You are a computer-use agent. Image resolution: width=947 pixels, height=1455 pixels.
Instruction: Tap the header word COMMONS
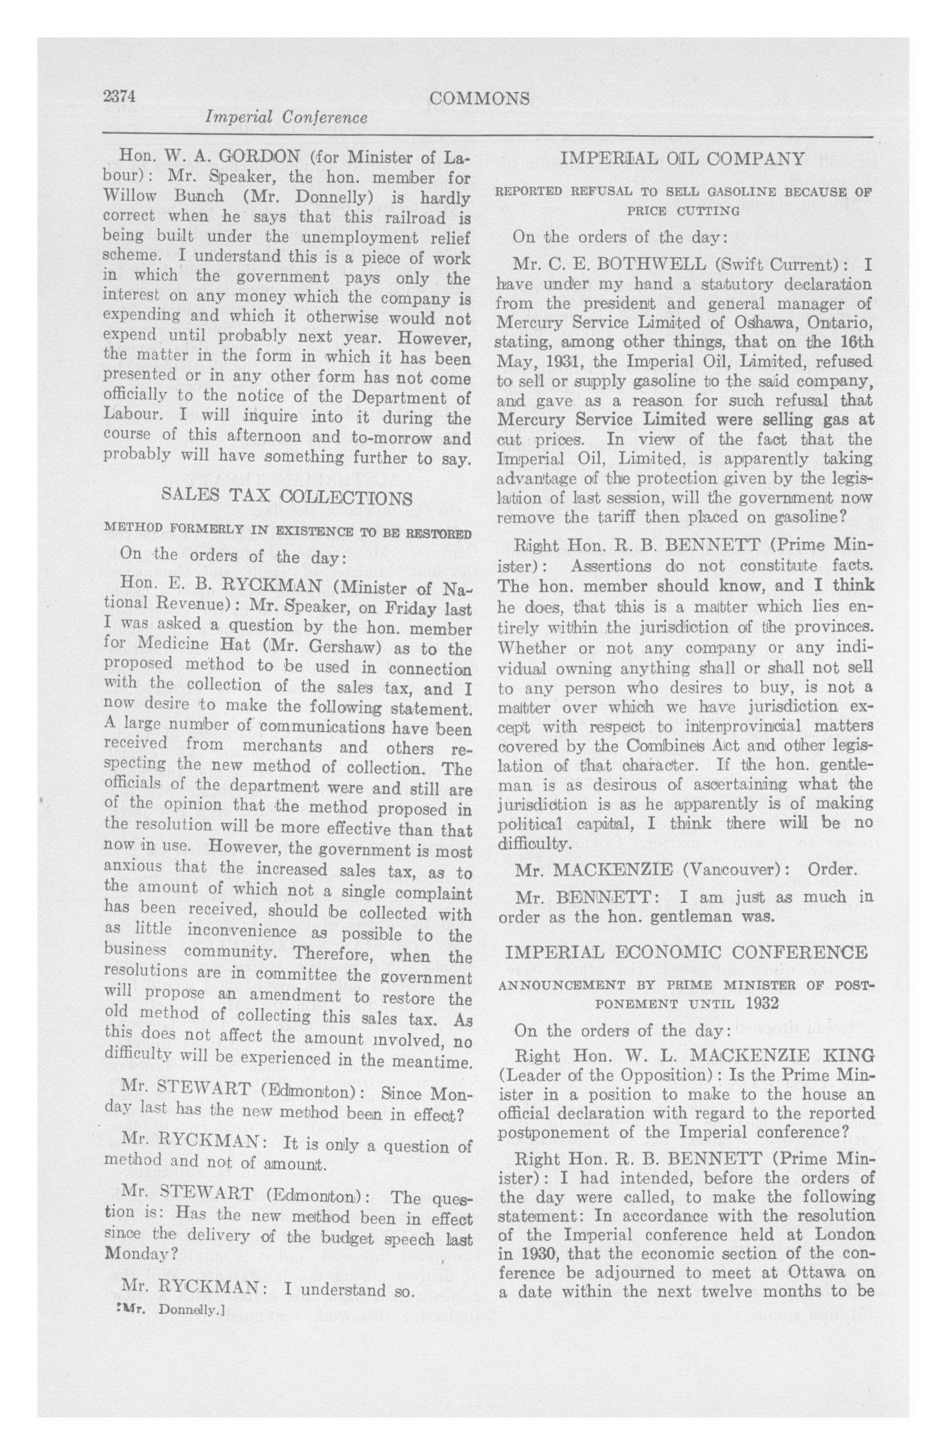[479, 99]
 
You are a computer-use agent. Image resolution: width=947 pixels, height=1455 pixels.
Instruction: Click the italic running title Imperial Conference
[286, 118]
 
